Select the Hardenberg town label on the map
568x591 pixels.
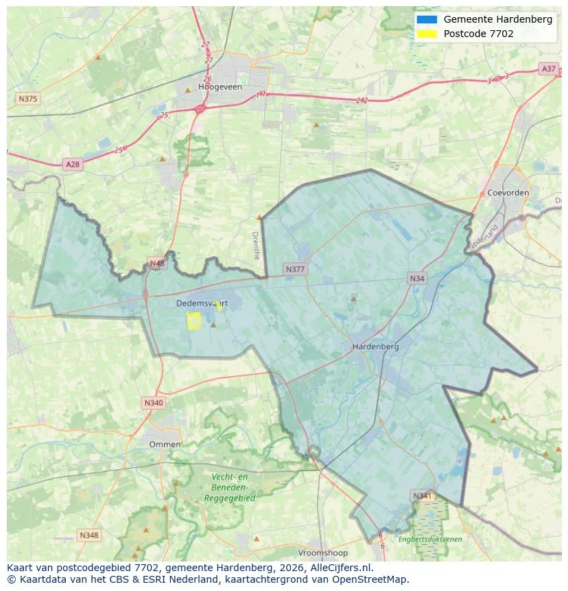click(375, 347)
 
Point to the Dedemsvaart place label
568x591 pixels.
click(202, 303)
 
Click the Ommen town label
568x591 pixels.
click(165, 444)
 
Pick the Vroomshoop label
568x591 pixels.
click(323, 553)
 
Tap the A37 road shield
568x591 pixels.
click(548, 69)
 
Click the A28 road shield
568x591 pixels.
click(72, 164)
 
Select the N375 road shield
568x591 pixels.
click(27, 99)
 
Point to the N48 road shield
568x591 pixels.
click(156, 264)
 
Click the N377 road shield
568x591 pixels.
click(295, 270)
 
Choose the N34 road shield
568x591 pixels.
click(416, 278)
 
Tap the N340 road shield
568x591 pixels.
click(154, 402)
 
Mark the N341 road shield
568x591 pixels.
click(422, 495)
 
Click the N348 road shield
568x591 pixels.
click(88, 535)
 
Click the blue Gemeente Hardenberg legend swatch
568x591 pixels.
click(426, 19)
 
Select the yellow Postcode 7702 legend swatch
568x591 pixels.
click(426, 34)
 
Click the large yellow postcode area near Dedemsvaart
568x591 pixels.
click(194, 321)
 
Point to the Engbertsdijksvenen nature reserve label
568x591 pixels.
click(430, 540)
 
